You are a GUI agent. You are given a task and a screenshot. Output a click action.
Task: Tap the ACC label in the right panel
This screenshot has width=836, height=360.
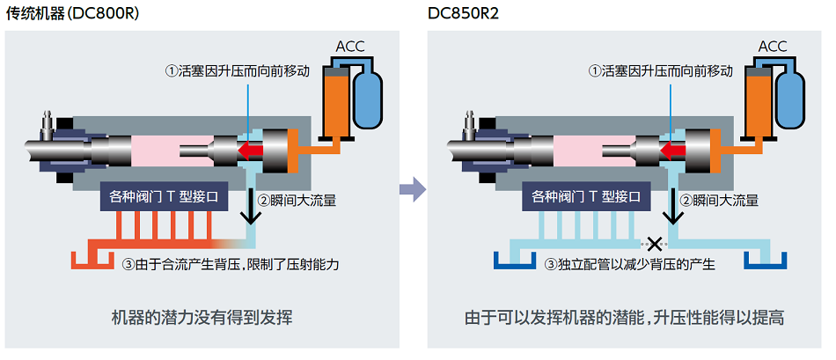[x=773, y=46]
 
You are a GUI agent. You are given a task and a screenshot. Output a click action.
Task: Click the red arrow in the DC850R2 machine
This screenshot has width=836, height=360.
[x=678, y=150]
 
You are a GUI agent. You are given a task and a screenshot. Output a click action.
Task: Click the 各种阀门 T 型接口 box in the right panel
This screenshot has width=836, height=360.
[x=586, y=197]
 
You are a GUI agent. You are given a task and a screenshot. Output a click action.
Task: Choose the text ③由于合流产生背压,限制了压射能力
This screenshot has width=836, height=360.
[x=229, y=264]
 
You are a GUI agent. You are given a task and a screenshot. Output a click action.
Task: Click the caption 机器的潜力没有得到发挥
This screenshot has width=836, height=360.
[x=202, y=318]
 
